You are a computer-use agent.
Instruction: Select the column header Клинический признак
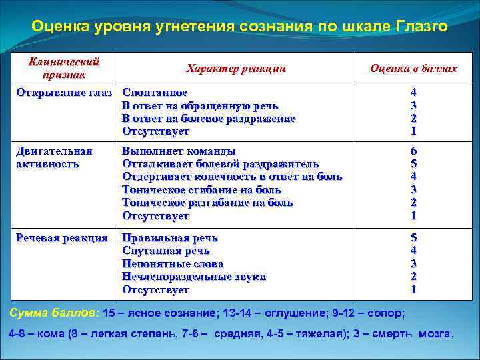click(64, 67)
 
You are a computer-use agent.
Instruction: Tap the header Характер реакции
click(236, 68)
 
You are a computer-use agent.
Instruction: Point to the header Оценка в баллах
click(413, 68)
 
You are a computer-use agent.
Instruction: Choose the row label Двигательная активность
click(53, 157)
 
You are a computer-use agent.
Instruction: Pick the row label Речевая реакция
click(61, 238)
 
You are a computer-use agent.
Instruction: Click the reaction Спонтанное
click(155, 93)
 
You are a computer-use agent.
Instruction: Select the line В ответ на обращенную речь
click(200, 105)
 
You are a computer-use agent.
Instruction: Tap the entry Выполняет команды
click(179, 151)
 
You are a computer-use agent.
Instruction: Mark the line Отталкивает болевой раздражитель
click(220, 164)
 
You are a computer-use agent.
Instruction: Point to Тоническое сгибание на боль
click(201, 190)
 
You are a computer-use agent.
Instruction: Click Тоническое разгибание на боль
click(207, 203)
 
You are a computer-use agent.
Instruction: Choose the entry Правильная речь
click(169, 238)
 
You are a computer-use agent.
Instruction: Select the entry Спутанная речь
click(165, 251)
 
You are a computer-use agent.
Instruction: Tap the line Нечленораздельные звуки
click(194, 277)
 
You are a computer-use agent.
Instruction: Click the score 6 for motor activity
click(413, 151)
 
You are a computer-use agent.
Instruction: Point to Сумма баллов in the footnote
click(53, 312)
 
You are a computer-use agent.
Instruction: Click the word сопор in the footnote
click(387, 312)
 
